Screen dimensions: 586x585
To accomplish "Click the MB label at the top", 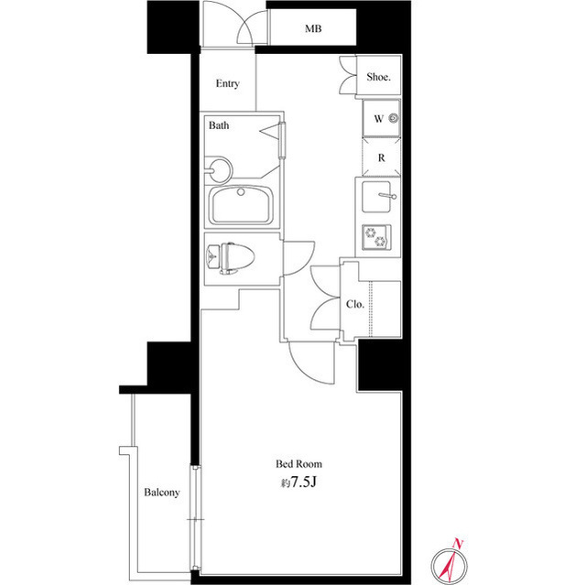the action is click(x=313, y=28).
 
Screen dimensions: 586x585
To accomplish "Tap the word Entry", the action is click(x=227, y=83).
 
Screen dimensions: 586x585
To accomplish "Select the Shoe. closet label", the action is click(x=378, y=77).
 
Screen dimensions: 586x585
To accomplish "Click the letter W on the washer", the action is click(x=378, y=119).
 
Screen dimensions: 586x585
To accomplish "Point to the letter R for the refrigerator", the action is click(x=381, y=157).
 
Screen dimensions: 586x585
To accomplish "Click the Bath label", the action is click(x=219, y=125).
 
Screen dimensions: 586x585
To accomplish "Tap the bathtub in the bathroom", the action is click(x=241, y=205).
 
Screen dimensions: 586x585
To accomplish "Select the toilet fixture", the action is click(x=231, y=258).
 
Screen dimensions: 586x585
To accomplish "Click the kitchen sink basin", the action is click(x=376, y=197).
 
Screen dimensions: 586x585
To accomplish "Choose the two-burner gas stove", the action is click(x=376, y=237).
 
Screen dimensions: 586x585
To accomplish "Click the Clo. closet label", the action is click(x=354, y=304).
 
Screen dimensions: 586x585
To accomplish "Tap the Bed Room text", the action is click(x=298, y=464).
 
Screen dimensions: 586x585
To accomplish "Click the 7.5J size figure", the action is click(x=303, y=482).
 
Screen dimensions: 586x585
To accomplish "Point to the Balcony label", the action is click(x=162, y=493).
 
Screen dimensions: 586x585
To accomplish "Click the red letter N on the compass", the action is click(x=458, y=543).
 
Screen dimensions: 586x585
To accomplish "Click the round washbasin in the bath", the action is click(x=221, y=170).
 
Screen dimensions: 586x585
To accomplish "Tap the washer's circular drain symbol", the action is click(x=393, y=119).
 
